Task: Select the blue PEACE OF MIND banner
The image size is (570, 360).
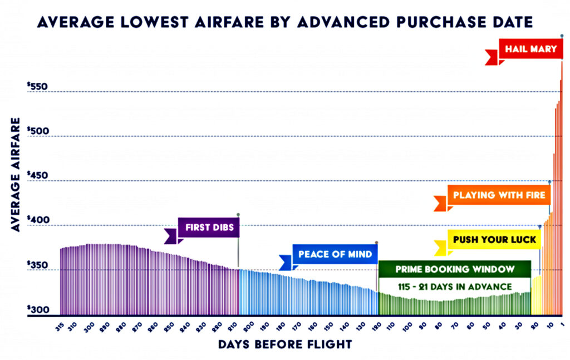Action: point(335,255)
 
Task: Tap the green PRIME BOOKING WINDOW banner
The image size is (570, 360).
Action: point(454,269)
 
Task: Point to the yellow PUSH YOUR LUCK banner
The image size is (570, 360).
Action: point(494,240)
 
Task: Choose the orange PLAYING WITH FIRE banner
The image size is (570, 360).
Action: point(499,195)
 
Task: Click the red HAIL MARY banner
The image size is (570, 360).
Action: point(530,49)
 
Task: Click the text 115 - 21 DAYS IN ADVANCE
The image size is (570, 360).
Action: point(454,287)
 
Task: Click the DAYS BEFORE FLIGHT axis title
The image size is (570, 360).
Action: point(285,344)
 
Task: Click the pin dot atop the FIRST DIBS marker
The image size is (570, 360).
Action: point(238,214)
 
